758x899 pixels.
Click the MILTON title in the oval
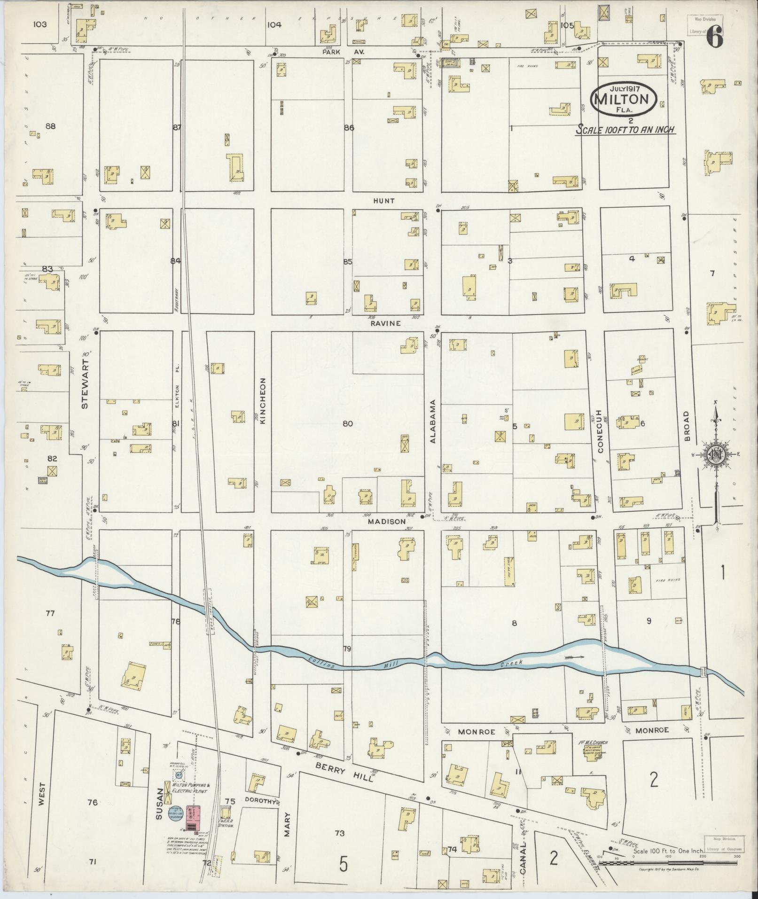click(x=625, y=99)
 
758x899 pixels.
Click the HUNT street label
click(x=383, y=201)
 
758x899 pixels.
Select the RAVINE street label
click(x=384, y=323)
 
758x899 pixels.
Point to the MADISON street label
click(x=386, y=522)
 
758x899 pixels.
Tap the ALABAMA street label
click(x=433, y=421)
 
